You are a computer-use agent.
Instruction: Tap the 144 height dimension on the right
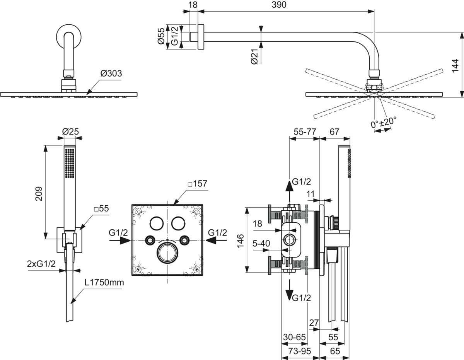(x=455, y=66)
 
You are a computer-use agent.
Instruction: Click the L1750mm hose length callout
(x=104, y=282)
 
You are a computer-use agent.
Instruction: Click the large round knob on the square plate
(x=167, y=251)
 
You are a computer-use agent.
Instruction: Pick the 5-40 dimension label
(x=261, y=244)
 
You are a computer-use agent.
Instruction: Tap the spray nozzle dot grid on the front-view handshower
(x=70, y=164)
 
